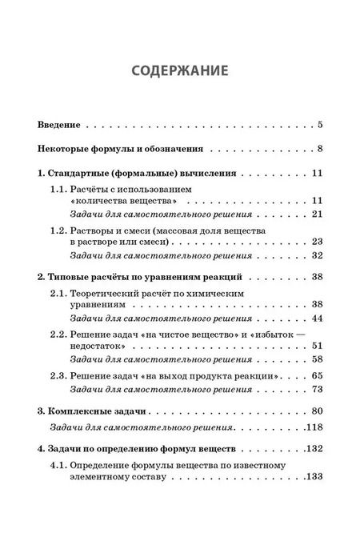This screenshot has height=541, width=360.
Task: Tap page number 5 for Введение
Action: [x=318, y=125]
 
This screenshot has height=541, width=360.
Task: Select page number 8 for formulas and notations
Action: [x=318, y=148]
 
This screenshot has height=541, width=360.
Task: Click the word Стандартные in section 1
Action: [x=86, y=173]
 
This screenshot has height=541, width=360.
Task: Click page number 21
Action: [x=316, y=214]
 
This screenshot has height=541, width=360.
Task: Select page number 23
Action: [x=316, y=242]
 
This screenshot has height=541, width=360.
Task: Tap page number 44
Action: [x=316, y=319]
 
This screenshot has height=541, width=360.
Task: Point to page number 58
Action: [x=316, y=359]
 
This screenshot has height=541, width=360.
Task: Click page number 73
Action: [x=316, y=389]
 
